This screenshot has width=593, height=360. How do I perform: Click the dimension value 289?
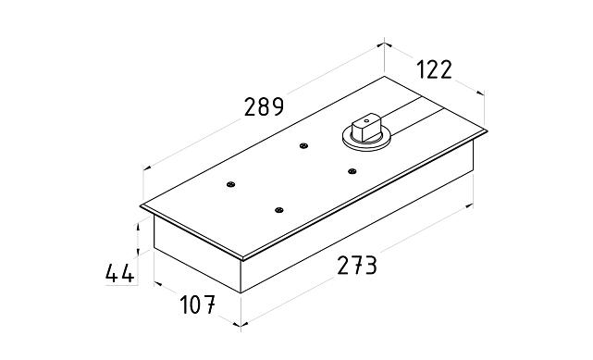[264, 106]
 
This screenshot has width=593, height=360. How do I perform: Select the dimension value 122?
[434, 69]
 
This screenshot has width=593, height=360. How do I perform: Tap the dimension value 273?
[357, 265]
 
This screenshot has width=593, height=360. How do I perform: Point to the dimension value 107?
[197, 304]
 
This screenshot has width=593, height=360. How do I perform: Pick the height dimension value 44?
[119, 273]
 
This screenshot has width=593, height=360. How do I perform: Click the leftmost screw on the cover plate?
[230, 184]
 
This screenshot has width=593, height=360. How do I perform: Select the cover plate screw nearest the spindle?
[352, 171]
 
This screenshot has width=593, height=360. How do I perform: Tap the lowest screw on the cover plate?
[279, 210]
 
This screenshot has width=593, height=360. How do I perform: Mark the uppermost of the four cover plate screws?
[303, 145]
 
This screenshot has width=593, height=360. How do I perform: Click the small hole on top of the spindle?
[365, 122]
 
